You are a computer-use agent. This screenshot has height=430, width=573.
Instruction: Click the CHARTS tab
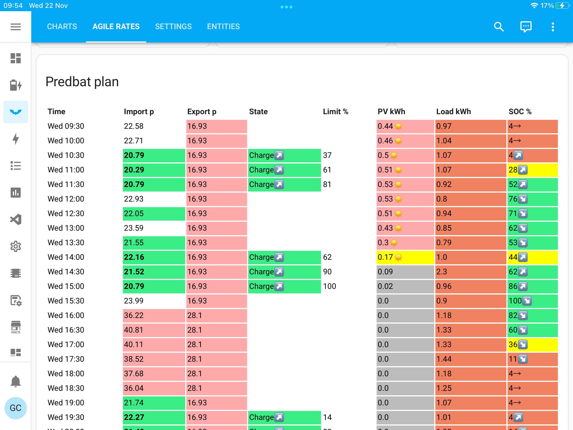[x=62, y=27]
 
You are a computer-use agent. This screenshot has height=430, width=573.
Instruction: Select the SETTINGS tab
[x=173, y=27]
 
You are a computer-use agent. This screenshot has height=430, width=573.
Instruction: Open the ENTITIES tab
[x=223, y=27]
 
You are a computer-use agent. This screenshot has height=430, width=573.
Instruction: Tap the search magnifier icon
[x=499, y=27]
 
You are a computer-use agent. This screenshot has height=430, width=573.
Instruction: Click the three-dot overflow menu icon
[x=553, y=27]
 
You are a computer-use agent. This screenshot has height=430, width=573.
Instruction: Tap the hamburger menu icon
[x=16, y=27]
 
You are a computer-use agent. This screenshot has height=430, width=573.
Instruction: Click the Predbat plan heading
[x=82, y=82]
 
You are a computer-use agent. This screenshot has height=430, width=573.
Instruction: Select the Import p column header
[x=139, y=112]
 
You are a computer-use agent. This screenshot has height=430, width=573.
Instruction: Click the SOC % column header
[x=520, y=112]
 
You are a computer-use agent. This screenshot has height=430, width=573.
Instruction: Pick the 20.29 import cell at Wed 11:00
[x=154, y=170]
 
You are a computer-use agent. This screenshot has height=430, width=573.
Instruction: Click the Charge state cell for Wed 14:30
[x=284, y=272]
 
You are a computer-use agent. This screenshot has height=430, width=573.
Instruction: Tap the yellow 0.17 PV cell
[x=405, y=257]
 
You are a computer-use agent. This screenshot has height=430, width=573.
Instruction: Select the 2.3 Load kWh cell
[x=470, y=272]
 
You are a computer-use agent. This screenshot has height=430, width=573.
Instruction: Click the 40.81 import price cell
[x=154, y=330]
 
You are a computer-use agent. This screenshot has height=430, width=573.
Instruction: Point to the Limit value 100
[x=329, y=286]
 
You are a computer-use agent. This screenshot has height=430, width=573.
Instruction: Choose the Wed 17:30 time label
[x=66, y=359]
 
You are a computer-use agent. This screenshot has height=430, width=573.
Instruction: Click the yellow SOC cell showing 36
[x=532, y=345]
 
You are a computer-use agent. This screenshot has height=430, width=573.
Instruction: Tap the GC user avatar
[x=16, y=408]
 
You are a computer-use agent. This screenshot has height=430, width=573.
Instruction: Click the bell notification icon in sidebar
[x=16, y=381]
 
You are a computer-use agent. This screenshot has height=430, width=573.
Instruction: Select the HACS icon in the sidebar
[x=16, y=327]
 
